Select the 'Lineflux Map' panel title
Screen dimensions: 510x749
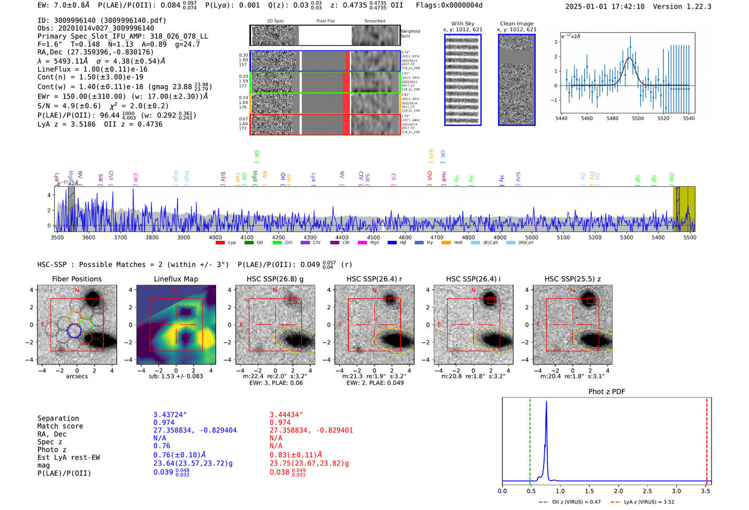(x=175, y=279)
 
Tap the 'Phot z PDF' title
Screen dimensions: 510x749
(x=606, y=392)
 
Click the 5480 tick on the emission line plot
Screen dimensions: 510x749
(x=612, y=118)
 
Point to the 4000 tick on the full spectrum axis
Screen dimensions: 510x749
(x=215, y=237)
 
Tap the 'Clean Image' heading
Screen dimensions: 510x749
(x=516, y=24)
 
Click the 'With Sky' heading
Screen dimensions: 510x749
(x=462, y=24)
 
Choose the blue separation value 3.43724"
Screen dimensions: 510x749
(x=170, y=415)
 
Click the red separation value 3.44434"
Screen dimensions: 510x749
(x=286, y=415)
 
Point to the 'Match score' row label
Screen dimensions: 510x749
(x=60, y=426)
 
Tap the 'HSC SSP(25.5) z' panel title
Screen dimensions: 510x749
(x=572, y=279)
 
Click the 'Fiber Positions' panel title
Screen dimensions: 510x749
(x=77, y=279)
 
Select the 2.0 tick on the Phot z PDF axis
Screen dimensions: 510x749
(x=618, y=491)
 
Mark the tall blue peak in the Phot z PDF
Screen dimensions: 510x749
(x=546, y=407)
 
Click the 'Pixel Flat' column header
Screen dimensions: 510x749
(x=325, y=21)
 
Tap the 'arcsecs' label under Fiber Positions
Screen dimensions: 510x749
(x=77, y=376)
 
